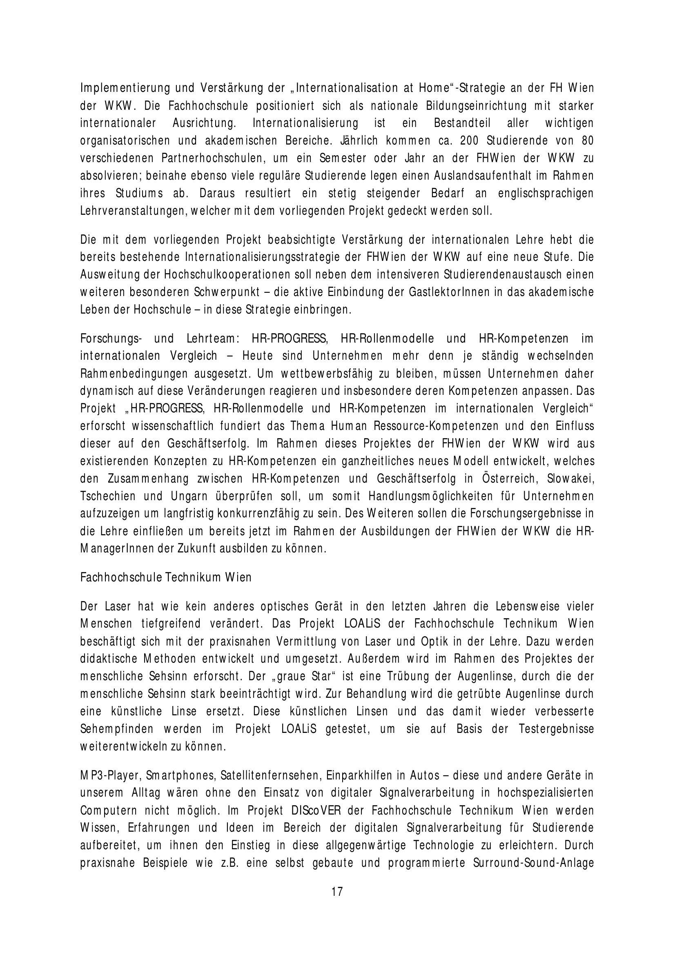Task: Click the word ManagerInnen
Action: click(x=115, y=549)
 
